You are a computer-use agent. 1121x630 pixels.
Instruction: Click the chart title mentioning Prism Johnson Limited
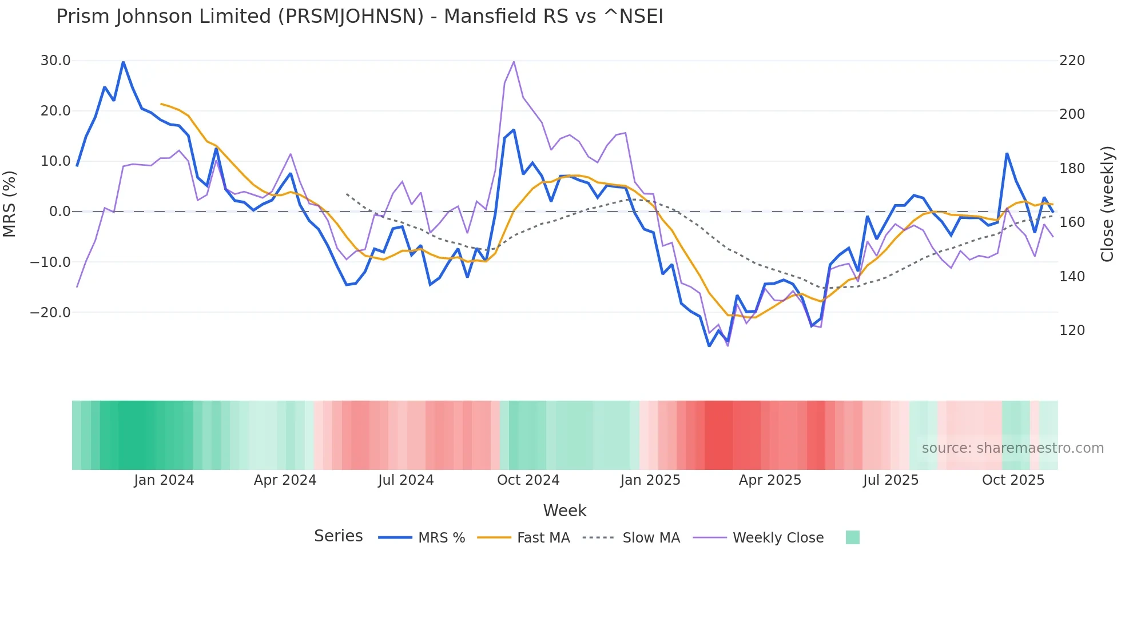coord(359,16)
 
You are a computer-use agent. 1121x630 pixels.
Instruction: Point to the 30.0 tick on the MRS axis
coord(55,61)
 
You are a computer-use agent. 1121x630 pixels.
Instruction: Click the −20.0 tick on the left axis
coord(51,313)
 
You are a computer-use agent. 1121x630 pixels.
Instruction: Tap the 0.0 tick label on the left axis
coord(59,212)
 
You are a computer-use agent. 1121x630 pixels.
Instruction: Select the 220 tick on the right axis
coord(1072,61)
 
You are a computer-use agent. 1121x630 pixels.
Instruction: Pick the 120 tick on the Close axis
coord(1072,330)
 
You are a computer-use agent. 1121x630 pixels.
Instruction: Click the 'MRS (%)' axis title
coord(10,204)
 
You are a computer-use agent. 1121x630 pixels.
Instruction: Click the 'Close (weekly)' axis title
coord(1108,204)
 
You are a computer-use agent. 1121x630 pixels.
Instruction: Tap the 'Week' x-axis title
coord(565,511)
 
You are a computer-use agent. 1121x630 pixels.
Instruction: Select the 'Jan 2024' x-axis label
coord(164,480)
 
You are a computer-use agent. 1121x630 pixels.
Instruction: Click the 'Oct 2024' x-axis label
coord(528,480)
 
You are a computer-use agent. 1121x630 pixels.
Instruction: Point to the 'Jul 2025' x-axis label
coord(891,480)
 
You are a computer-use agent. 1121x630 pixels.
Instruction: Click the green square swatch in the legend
coord(852,537)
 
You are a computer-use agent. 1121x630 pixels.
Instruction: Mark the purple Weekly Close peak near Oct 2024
coord(514,62)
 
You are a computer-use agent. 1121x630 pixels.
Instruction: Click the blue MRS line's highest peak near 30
coord(123,62)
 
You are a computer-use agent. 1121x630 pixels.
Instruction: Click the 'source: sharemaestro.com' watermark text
coord(1012,448)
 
